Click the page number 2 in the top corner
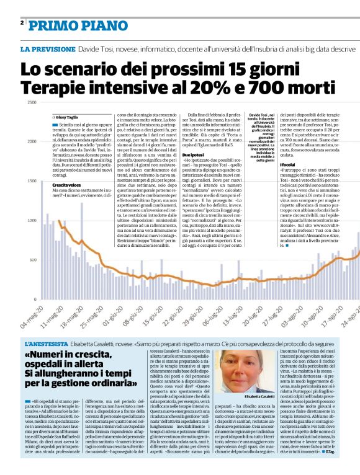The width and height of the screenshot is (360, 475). [22, 22]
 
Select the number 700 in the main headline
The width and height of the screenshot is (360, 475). [254, 86]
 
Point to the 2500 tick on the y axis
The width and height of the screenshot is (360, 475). [30, 102]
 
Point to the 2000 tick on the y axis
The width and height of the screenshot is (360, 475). [30, 142]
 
